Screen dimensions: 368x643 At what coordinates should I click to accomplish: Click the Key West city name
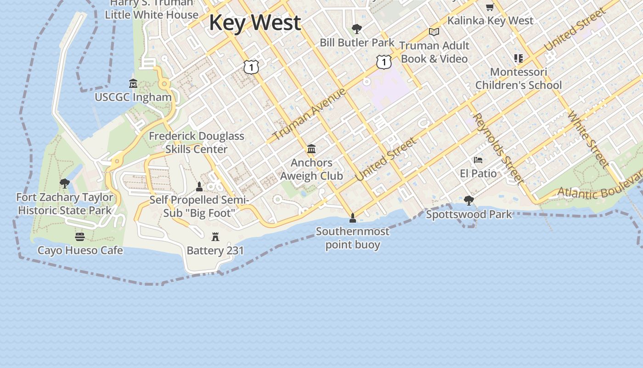pos(255,23)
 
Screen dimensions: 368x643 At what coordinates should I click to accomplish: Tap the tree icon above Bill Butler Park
pos(356,29)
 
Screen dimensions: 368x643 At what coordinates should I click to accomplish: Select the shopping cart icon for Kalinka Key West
pos(490,7)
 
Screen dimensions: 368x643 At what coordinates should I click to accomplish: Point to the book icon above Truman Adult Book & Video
pos(434,32)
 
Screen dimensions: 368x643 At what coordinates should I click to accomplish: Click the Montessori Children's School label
pos(519,79)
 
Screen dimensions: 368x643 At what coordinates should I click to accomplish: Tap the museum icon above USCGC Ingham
pos(133,84)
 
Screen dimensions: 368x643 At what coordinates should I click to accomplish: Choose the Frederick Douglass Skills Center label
pos(197,143)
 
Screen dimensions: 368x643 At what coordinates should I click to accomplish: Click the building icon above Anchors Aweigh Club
pos(311,149)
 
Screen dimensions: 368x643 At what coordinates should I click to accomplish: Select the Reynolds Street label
pos(498,148)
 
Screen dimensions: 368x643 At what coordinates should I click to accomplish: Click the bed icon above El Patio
pos(478,160)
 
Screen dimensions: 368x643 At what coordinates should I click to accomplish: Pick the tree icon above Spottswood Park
pos(468,201)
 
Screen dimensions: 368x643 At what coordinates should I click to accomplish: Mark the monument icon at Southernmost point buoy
pos(353,218)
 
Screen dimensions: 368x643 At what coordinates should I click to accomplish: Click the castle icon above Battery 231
pos(215,237)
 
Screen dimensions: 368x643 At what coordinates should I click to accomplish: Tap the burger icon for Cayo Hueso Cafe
pos(80,237)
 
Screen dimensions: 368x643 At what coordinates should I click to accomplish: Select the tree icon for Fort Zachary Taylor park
pos(65,184)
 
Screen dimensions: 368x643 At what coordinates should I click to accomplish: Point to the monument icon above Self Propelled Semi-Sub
pos(199,186)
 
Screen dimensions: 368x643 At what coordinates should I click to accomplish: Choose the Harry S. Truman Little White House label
pos(152,9)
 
